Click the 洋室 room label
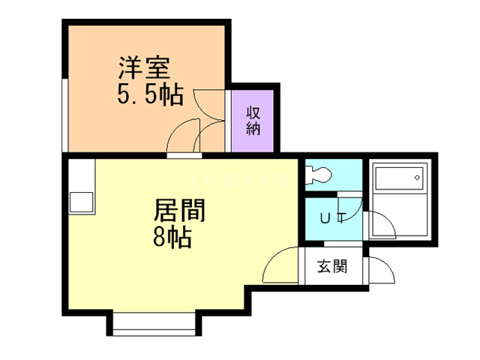pyautogui.click(x=147, y=69)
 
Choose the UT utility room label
pyautogui.click(x=332, y=218)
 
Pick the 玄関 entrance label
pyautogui.click(x=331, y=266)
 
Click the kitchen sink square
pyautogui.click(x=81, y=201)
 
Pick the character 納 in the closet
pyautogui.click(x=253, y=128)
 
